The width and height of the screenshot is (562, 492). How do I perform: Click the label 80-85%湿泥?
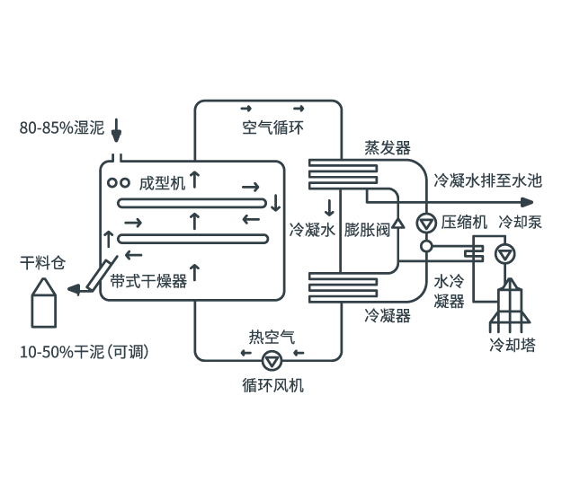pyautogui.click(x=62, y=127)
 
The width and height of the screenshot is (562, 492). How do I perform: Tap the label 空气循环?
pyautogui.click(x=272, y=127)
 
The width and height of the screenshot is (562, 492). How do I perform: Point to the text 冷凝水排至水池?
pyautogui.click(x=488, y=180)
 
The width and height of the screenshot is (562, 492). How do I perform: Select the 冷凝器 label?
pyautogui.click(x=388, y=315)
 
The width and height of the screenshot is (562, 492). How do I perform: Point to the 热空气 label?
pyautogui.click(x=271, y=338)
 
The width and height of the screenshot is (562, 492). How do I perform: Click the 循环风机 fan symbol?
pyautogui.click(x=270, y=361)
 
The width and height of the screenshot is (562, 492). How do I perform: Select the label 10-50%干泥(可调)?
pyautogui.click(x=84, y=352)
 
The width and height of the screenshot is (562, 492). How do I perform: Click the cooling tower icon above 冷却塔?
pyautogui.click(x=511, y=303)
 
